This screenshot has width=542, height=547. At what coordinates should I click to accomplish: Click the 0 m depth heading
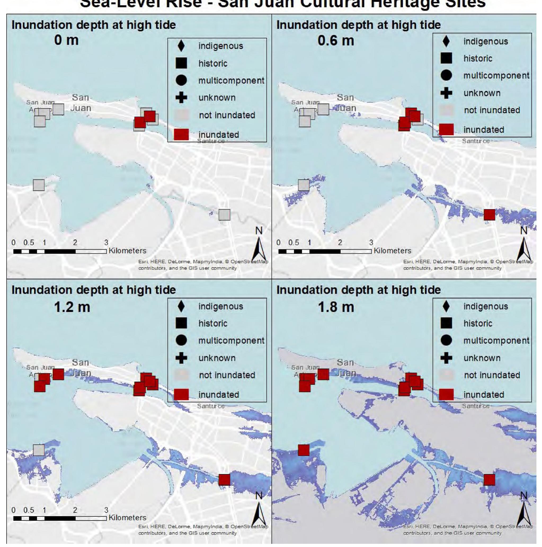tap(66, 40)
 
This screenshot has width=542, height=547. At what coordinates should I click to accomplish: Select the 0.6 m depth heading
tap(336, 41)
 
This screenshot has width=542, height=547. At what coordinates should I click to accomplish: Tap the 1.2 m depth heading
tap(72, 307)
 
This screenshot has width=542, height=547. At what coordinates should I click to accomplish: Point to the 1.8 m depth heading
tap(336, 307)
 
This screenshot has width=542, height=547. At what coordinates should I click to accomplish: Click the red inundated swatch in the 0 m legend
tap(181, 135)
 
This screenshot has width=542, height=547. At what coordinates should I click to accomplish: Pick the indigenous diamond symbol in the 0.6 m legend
tap(446, 41)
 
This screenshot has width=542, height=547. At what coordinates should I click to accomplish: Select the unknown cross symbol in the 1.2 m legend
tap(181, 358)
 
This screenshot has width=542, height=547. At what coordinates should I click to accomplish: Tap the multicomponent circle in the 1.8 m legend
tap(446, 340)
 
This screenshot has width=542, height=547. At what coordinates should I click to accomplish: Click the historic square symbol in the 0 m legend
tap(181, 63)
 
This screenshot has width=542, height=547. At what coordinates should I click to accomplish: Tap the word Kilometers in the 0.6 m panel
tap(392, 251)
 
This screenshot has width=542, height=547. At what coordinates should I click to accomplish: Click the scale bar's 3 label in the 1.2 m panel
tap(106, 510)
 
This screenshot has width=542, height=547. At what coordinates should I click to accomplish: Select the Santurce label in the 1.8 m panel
tap(476, 406)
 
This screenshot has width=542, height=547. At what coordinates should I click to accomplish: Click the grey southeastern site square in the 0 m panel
tap(224, 215)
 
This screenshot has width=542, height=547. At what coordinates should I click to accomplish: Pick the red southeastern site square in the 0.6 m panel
tap(489, 215)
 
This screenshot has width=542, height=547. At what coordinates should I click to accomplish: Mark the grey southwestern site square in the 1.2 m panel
tap(39, 450)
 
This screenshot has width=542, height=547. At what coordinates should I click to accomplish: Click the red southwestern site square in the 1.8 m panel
tap(304, 450)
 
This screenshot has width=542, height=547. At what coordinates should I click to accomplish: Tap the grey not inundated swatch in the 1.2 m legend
tap(181, 375)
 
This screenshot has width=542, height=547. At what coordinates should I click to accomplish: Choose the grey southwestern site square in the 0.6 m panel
tap(304, 185)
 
